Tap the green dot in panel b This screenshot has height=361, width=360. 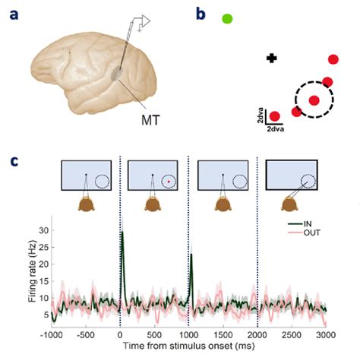pyautogui.click(x=227, y=18)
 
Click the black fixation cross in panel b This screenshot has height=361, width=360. pyautogui.click(x=271, y=58)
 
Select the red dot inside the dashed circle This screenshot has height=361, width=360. pyautogui.click(x=314, y=100)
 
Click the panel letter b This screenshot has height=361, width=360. pyautogui.click(x=201, y=13)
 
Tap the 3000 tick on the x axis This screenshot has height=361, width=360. pyautogui.click(x=326, y=334)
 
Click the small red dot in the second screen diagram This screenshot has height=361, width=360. pyautogui.click(x=167, y=182)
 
